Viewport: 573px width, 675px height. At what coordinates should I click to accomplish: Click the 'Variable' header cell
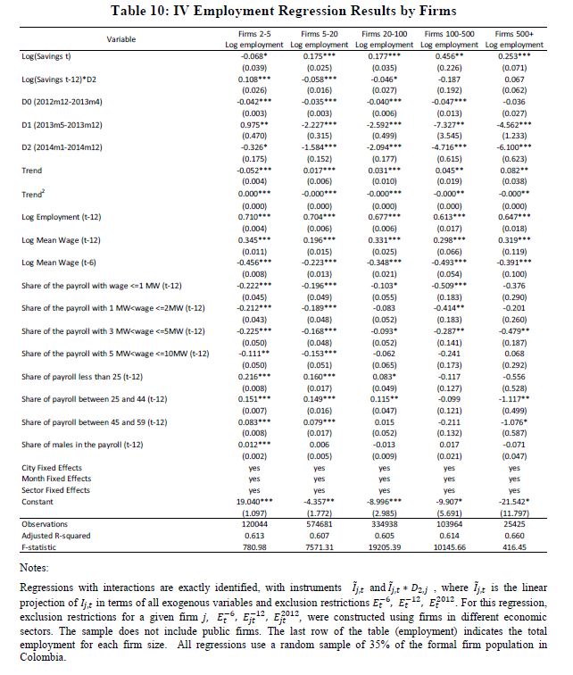pos(120,39)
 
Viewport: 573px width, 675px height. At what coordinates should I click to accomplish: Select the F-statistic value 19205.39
pos(385,546)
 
